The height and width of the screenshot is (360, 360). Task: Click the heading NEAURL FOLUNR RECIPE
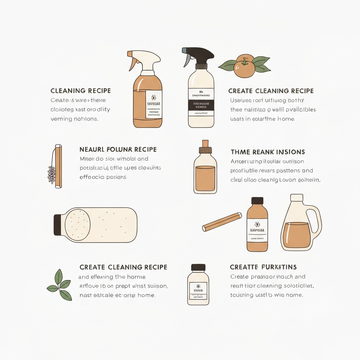(x=118, y=149)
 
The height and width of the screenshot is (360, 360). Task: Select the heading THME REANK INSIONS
(x=268, y=152)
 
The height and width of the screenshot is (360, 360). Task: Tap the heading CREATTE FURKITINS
(x=263, y=267)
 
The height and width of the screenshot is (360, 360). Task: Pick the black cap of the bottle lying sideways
(x=58, y=225)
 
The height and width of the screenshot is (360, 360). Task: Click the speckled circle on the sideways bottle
(x=78, y=225)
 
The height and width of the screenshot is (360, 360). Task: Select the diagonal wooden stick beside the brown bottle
(x=222, y=222)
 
